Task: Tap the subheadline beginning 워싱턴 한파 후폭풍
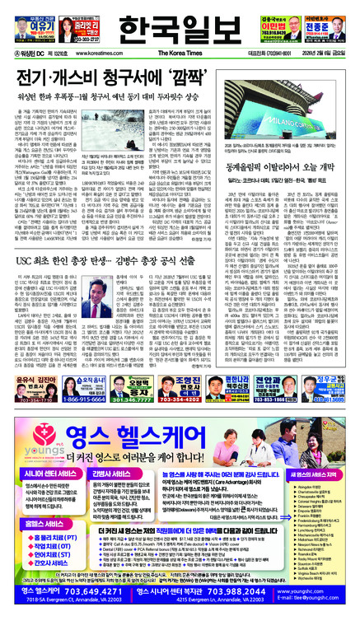119,94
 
